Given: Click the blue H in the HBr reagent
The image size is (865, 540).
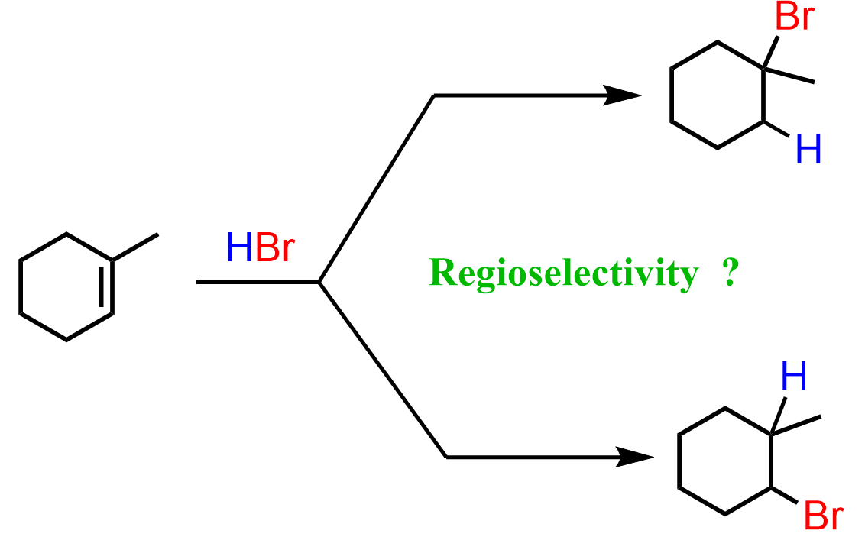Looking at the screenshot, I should point(238,248).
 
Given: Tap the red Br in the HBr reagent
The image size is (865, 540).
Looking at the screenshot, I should point(274,248).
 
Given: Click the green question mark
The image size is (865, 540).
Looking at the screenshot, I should point(729,273).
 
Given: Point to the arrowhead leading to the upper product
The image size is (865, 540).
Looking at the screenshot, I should point(622,95).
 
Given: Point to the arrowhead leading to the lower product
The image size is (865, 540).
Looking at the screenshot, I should point(634,458).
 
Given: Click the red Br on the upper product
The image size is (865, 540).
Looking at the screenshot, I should point(794,17).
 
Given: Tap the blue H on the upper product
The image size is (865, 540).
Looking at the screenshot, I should point(808,150).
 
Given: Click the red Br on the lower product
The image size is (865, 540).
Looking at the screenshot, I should point(824,516).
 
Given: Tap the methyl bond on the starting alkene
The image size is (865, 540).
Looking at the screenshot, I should point(136,247).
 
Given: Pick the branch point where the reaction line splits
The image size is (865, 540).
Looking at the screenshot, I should point(319,283).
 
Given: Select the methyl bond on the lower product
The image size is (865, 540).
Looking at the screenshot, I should point(795,425).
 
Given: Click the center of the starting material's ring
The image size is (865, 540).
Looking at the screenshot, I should point(66,286).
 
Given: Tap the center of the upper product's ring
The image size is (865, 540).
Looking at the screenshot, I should point(718,95).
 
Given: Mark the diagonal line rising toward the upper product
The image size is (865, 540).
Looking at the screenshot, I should point(376,189).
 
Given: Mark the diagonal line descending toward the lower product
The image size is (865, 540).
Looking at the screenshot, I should point(382,370).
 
